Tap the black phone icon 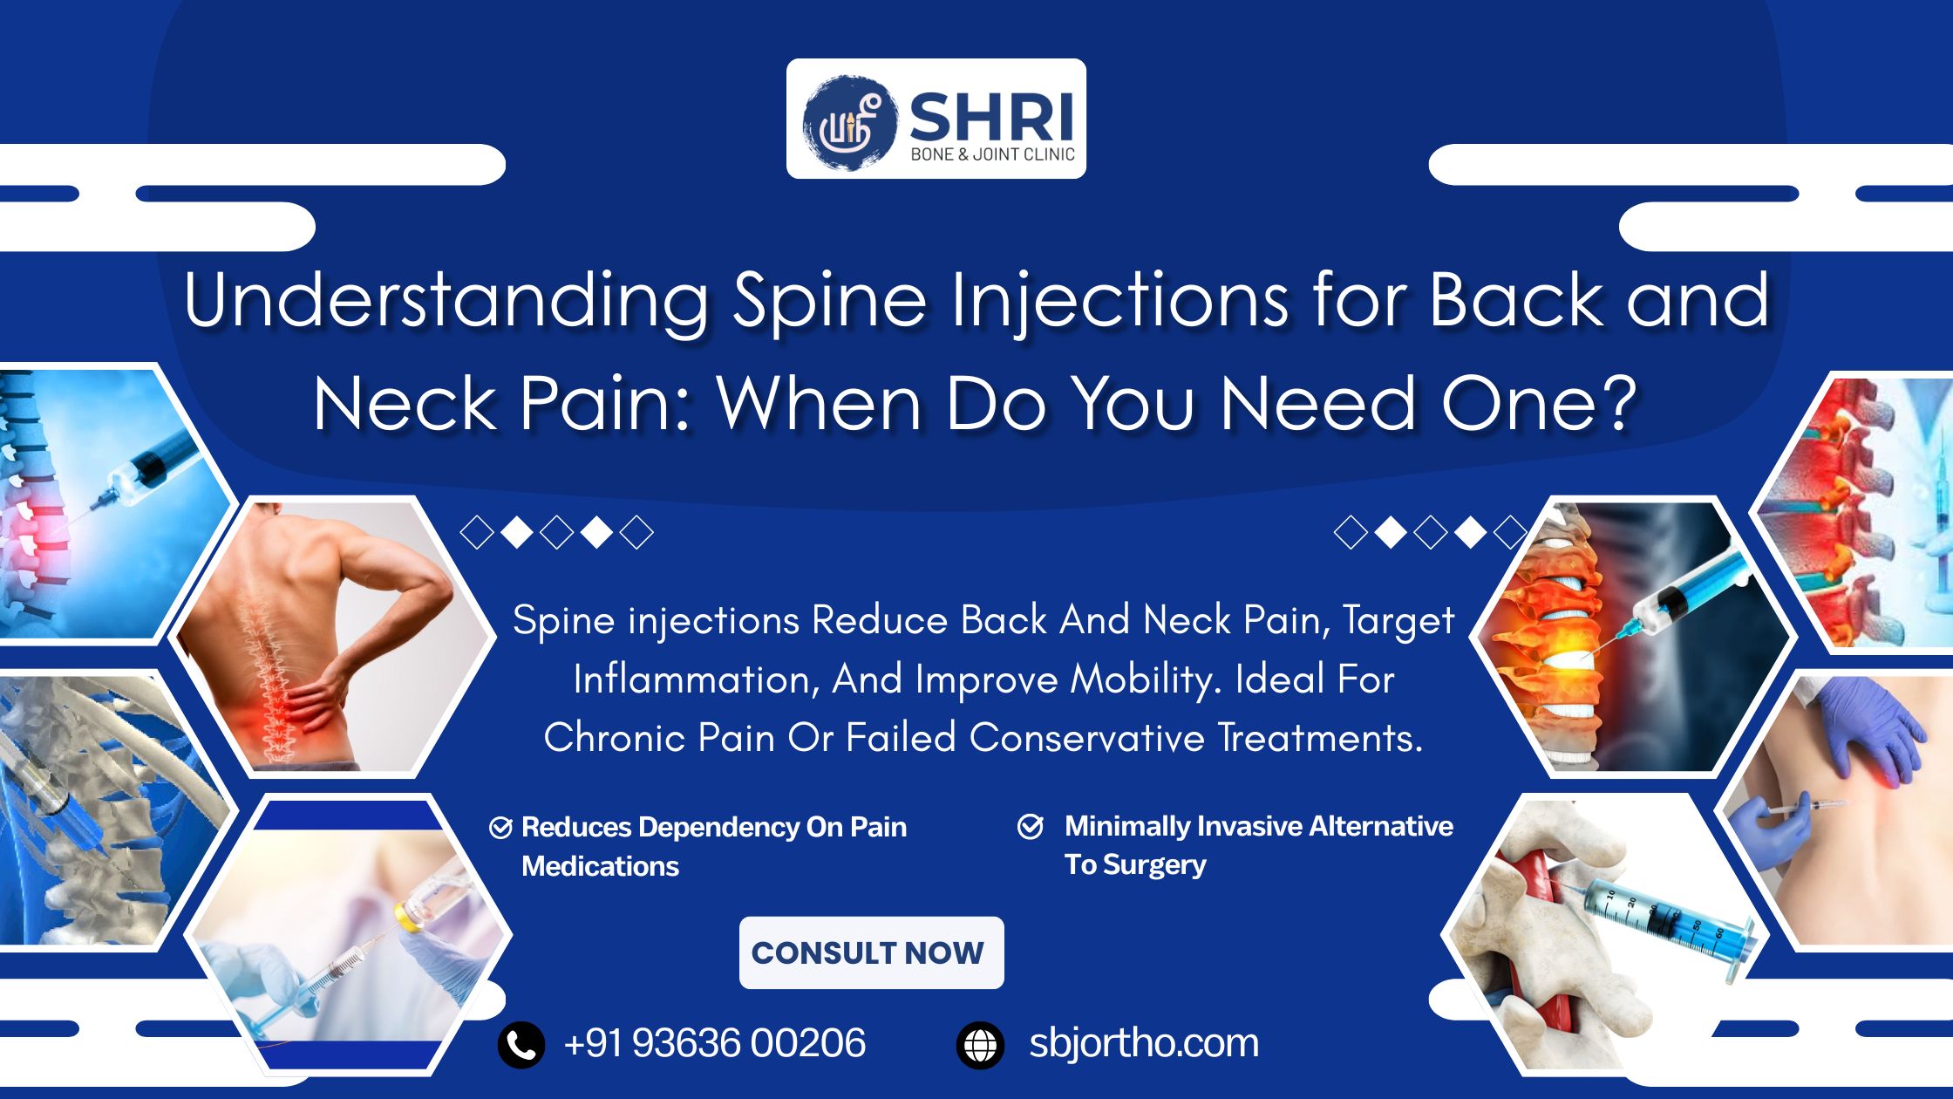521,1044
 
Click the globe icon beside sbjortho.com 980,1044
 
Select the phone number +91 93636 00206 715,1043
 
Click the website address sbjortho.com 1144,1043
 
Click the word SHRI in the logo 991,117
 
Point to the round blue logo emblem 848,122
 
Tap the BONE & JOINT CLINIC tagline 992,154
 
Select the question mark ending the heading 1620,403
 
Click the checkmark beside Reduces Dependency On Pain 500,828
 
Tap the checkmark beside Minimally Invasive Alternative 1031,826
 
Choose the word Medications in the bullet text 600,866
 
